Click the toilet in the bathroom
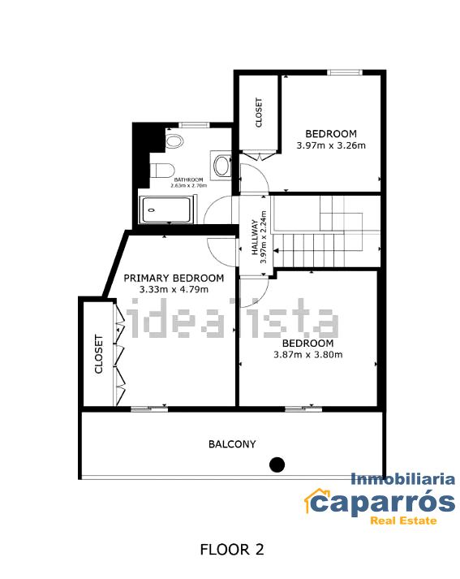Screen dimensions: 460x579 [162, 171]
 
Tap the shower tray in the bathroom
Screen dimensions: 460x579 [167, 210]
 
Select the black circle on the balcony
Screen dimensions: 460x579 [277, 464]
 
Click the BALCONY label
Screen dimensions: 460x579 [232, 444]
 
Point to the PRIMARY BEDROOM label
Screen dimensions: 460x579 [174, 278]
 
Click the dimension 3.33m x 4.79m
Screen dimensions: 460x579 [174, 289]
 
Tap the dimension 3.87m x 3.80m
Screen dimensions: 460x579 [308, 355]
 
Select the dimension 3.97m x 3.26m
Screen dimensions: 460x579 [331, 145]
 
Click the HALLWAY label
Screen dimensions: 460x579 [254, 237]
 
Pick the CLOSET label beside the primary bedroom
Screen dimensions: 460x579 [98, 354]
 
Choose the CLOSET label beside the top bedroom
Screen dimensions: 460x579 [259, 112]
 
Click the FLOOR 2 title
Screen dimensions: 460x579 [232, 549]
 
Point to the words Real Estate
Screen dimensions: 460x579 [403, 521]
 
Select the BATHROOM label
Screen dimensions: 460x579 [188, 179]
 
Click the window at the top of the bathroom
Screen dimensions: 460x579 [195, 125]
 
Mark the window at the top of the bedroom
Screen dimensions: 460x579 [345, 72]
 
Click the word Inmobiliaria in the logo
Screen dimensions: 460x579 [402, 479]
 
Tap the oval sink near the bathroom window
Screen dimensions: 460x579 [174, 141]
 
